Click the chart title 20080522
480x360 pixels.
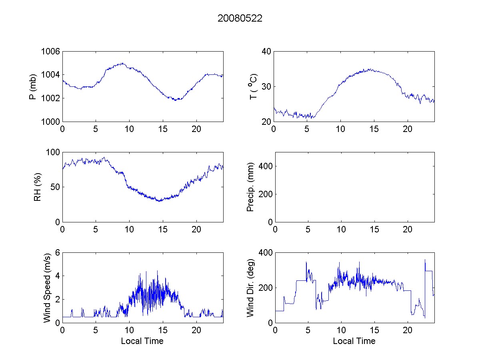tap(240, 18)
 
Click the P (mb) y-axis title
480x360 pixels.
tap(34, 86)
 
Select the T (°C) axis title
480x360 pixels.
tap(253, 86)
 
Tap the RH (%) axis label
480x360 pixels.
tap(37, 187)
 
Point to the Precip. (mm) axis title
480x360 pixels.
tap(251, 187)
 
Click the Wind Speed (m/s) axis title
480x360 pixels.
tap(47, 288)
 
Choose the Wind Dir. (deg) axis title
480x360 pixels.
tap(251, 288)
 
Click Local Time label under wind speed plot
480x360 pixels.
tap(142, 341)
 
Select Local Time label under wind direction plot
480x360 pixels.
tap(354, 341)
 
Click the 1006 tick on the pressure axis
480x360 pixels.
tap(50, 52)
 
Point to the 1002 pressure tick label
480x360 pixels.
tap(50, 98)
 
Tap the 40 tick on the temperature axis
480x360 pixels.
tap(266, 52)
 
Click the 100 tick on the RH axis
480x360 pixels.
tap(53, 152)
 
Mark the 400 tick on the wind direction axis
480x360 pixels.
tap(264, 253)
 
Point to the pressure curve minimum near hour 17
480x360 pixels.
tap(176, 100)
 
